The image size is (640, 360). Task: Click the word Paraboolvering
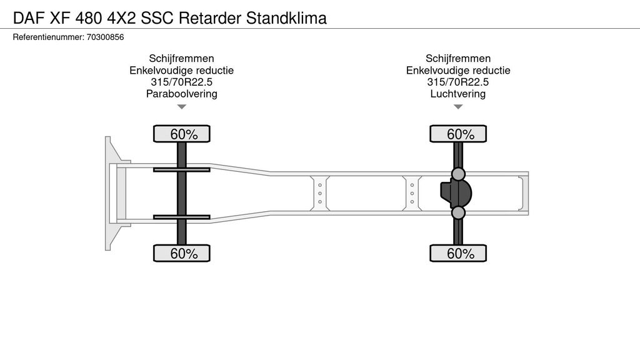pyautogui.click(x=181, y=94)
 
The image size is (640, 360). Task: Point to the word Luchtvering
pyautogui.click(x=458, y=94)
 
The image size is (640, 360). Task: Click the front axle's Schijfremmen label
pyautogui.click(x=181, y=58)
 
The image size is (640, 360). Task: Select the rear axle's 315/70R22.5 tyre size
pyautogui.click(x=458, y=82)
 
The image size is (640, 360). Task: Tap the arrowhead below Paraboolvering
pyautogui.click(x=181, y=107)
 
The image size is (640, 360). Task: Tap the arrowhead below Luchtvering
pyautogui.click(x=458, y=107)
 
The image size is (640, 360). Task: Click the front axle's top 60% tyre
pyautogui.click(x=182, y=134)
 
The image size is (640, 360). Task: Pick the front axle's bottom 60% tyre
pyautogui.click(x=182, y=253)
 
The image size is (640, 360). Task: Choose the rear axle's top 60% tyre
pyautogui.click(x=458, y=134)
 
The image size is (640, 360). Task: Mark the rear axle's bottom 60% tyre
pyautogui.click(x=458, y=253)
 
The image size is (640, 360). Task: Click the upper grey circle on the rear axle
pyautogui.click(x=458, y=174)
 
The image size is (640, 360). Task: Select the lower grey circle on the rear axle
pyautogui.click(x=458, y=213)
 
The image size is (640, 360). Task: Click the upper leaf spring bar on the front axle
pyautogui.click(x=182, y=169)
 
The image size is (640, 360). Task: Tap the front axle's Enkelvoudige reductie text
pyautogui.click(x=181, y=70)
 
